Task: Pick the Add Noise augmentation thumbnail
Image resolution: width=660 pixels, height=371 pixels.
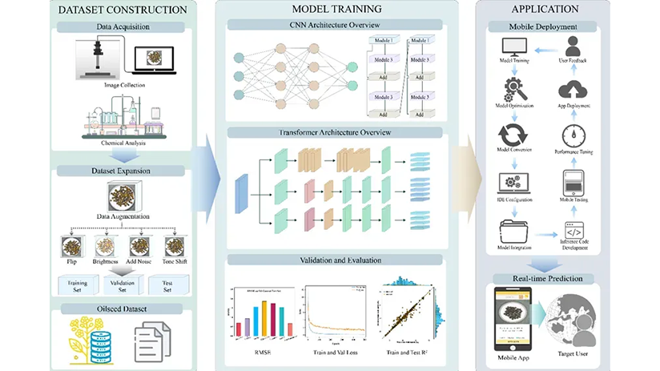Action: click(x=139, y=245)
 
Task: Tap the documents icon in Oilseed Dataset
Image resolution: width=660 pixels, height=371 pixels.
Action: click(x=147, y=335)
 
